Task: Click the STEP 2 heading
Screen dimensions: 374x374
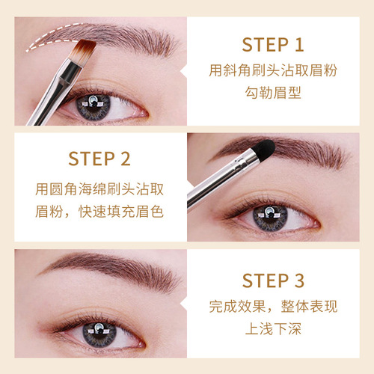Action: pos(99,159)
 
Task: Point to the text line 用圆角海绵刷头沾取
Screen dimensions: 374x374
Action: pos(99,187)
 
